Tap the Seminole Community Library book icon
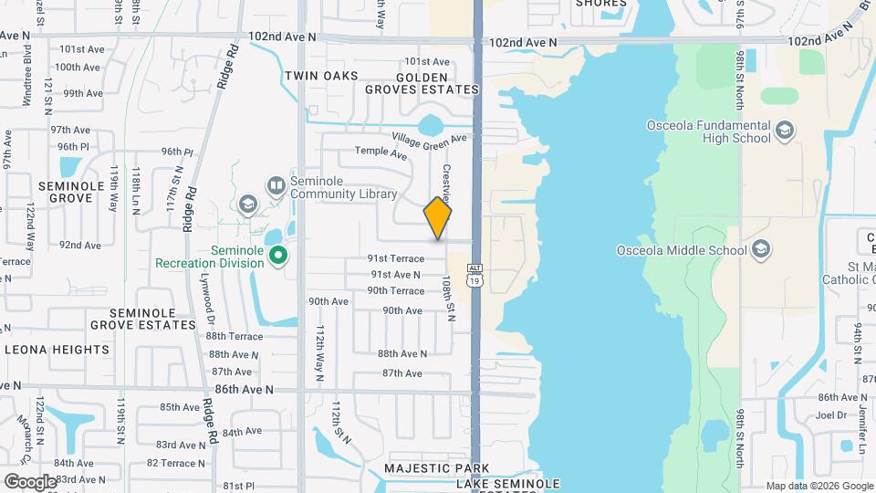coord(276,185)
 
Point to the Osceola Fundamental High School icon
coord(784,131)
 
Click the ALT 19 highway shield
coord(474,275)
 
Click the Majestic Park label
coord(432,467)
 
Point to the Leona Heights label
coord(57,350)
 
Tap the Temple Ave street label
coord(381,153)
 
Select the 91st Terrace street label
coord(396,259)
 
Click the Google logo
coord(30,481)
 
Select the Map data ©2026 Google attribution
coord(819,486)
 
